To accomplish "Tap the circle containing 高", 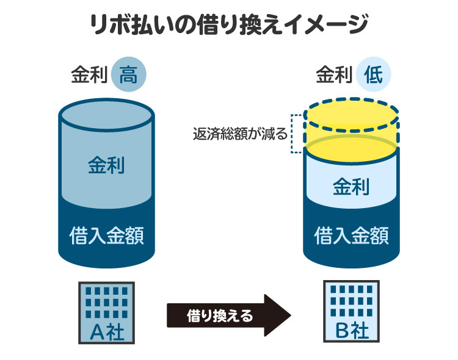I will (x=129, y=76).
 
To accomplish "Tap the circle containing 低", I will (x=374, y=76).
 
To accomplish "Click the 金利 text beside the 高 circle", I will (x=89, y=76).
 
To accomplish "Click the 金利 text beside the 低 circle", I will (x=334, y=76).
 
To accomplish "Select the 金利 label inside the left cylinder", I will (x=106, y=165).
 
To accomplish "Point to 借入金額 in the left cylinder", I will (x=106, y=234).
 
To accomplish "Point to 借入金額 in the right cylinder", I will (x=351, y=234).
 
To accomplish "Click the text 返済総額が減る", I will (x=239, y=134).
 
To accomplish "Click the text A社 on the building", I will (x=106, y=332).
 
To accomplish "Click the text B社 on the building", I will (x=351, y=332).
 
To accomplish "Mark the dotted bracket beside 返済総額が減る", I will (x=295, y=133).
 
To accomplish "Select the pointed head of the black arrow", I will (x=278, y=315).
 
